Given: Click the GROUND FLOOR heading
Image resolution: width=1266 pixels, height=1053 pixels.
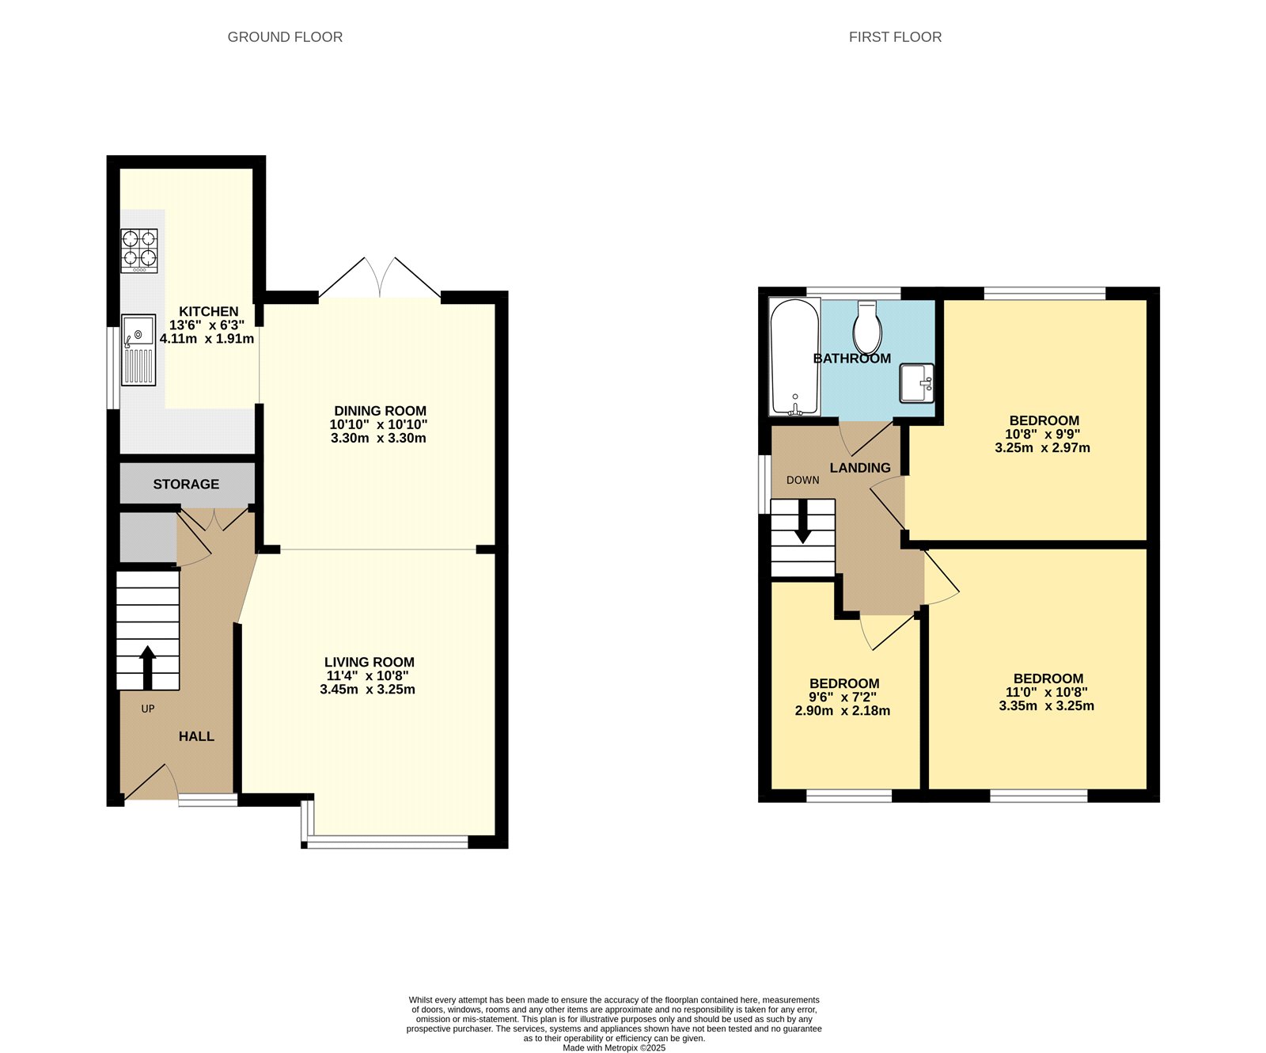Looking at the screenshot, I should point(285,37).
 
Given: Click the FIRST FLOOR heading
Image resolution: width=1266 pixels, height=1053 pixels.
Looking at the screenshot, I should point(895,37).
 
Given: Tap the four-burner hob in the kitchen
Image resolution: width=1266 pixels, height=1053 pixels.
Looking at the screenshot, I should point(139,250).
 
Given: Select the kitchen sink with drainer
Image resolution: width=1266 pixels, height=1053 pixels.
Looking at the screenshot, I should point(138,350).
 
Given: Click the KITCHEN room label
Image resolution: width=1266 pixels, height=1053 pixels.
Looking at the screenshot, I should point(208,312).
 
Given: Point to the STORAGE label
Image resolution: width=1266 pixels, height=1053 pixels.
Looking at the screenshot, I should point(186,484).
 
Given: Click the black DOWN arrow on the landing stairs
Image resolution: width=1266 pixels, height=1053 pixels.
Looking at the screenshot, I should point(802,523).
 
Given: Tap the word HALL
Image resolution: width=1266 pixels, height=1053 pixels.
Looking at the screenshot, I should point(196,736).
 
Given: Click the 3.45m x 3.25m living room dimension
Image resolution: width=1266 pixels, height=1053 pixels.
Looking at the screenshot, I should point(368,690).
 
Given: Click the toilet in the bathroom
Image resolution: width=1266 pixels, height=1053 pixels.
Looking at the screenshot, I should point(868,328).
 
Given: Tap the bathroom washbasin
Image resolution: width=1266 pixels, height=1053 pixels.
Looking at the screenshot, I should point(916,383).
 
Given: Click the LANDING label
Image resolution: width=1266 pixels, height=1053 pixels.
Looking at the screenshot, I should point(860,468).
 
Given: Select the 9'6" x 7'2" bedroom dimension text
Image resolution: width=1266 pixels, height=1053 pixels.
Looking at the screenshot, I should point(843,698).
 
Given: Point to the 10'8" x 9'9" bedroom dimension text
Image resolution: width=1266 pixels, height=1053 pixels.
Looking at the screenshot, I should point(1042,435).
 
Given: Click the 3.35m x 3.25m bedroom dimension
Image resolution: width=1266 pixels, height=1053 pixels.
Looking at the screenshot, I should point(1046,706).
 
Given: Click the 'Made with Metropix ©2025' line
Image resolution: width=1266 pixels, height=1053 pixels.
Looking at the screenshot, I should point(614,1047).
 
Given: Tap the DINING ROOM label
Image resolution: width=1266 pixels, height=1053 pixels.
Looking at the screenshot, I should point(380,411).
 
